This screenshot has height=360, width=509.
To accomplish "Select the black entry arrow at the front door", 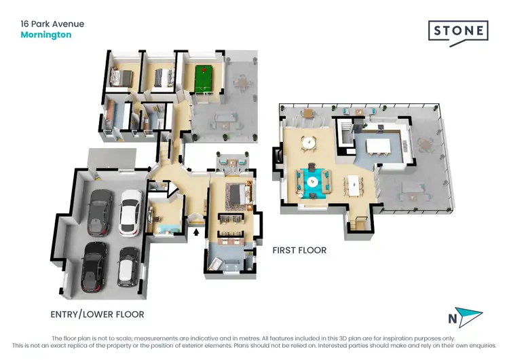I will pyautogui.click(x=197, y=232).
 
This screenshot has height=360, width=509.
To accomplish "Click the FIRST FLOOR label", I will pyautogui.click(x=299, y=251).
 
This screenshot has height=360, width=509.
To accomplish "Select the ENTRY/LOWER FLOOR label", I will pyautogui.click(x=97, y=314).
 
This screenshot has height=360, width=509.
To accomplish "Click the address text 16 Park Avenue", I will pyautogui.click(x=52, y=24).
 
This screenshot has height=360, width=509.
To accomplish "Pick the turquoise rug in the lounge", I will pyautogui.click(x=313, y=180).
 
